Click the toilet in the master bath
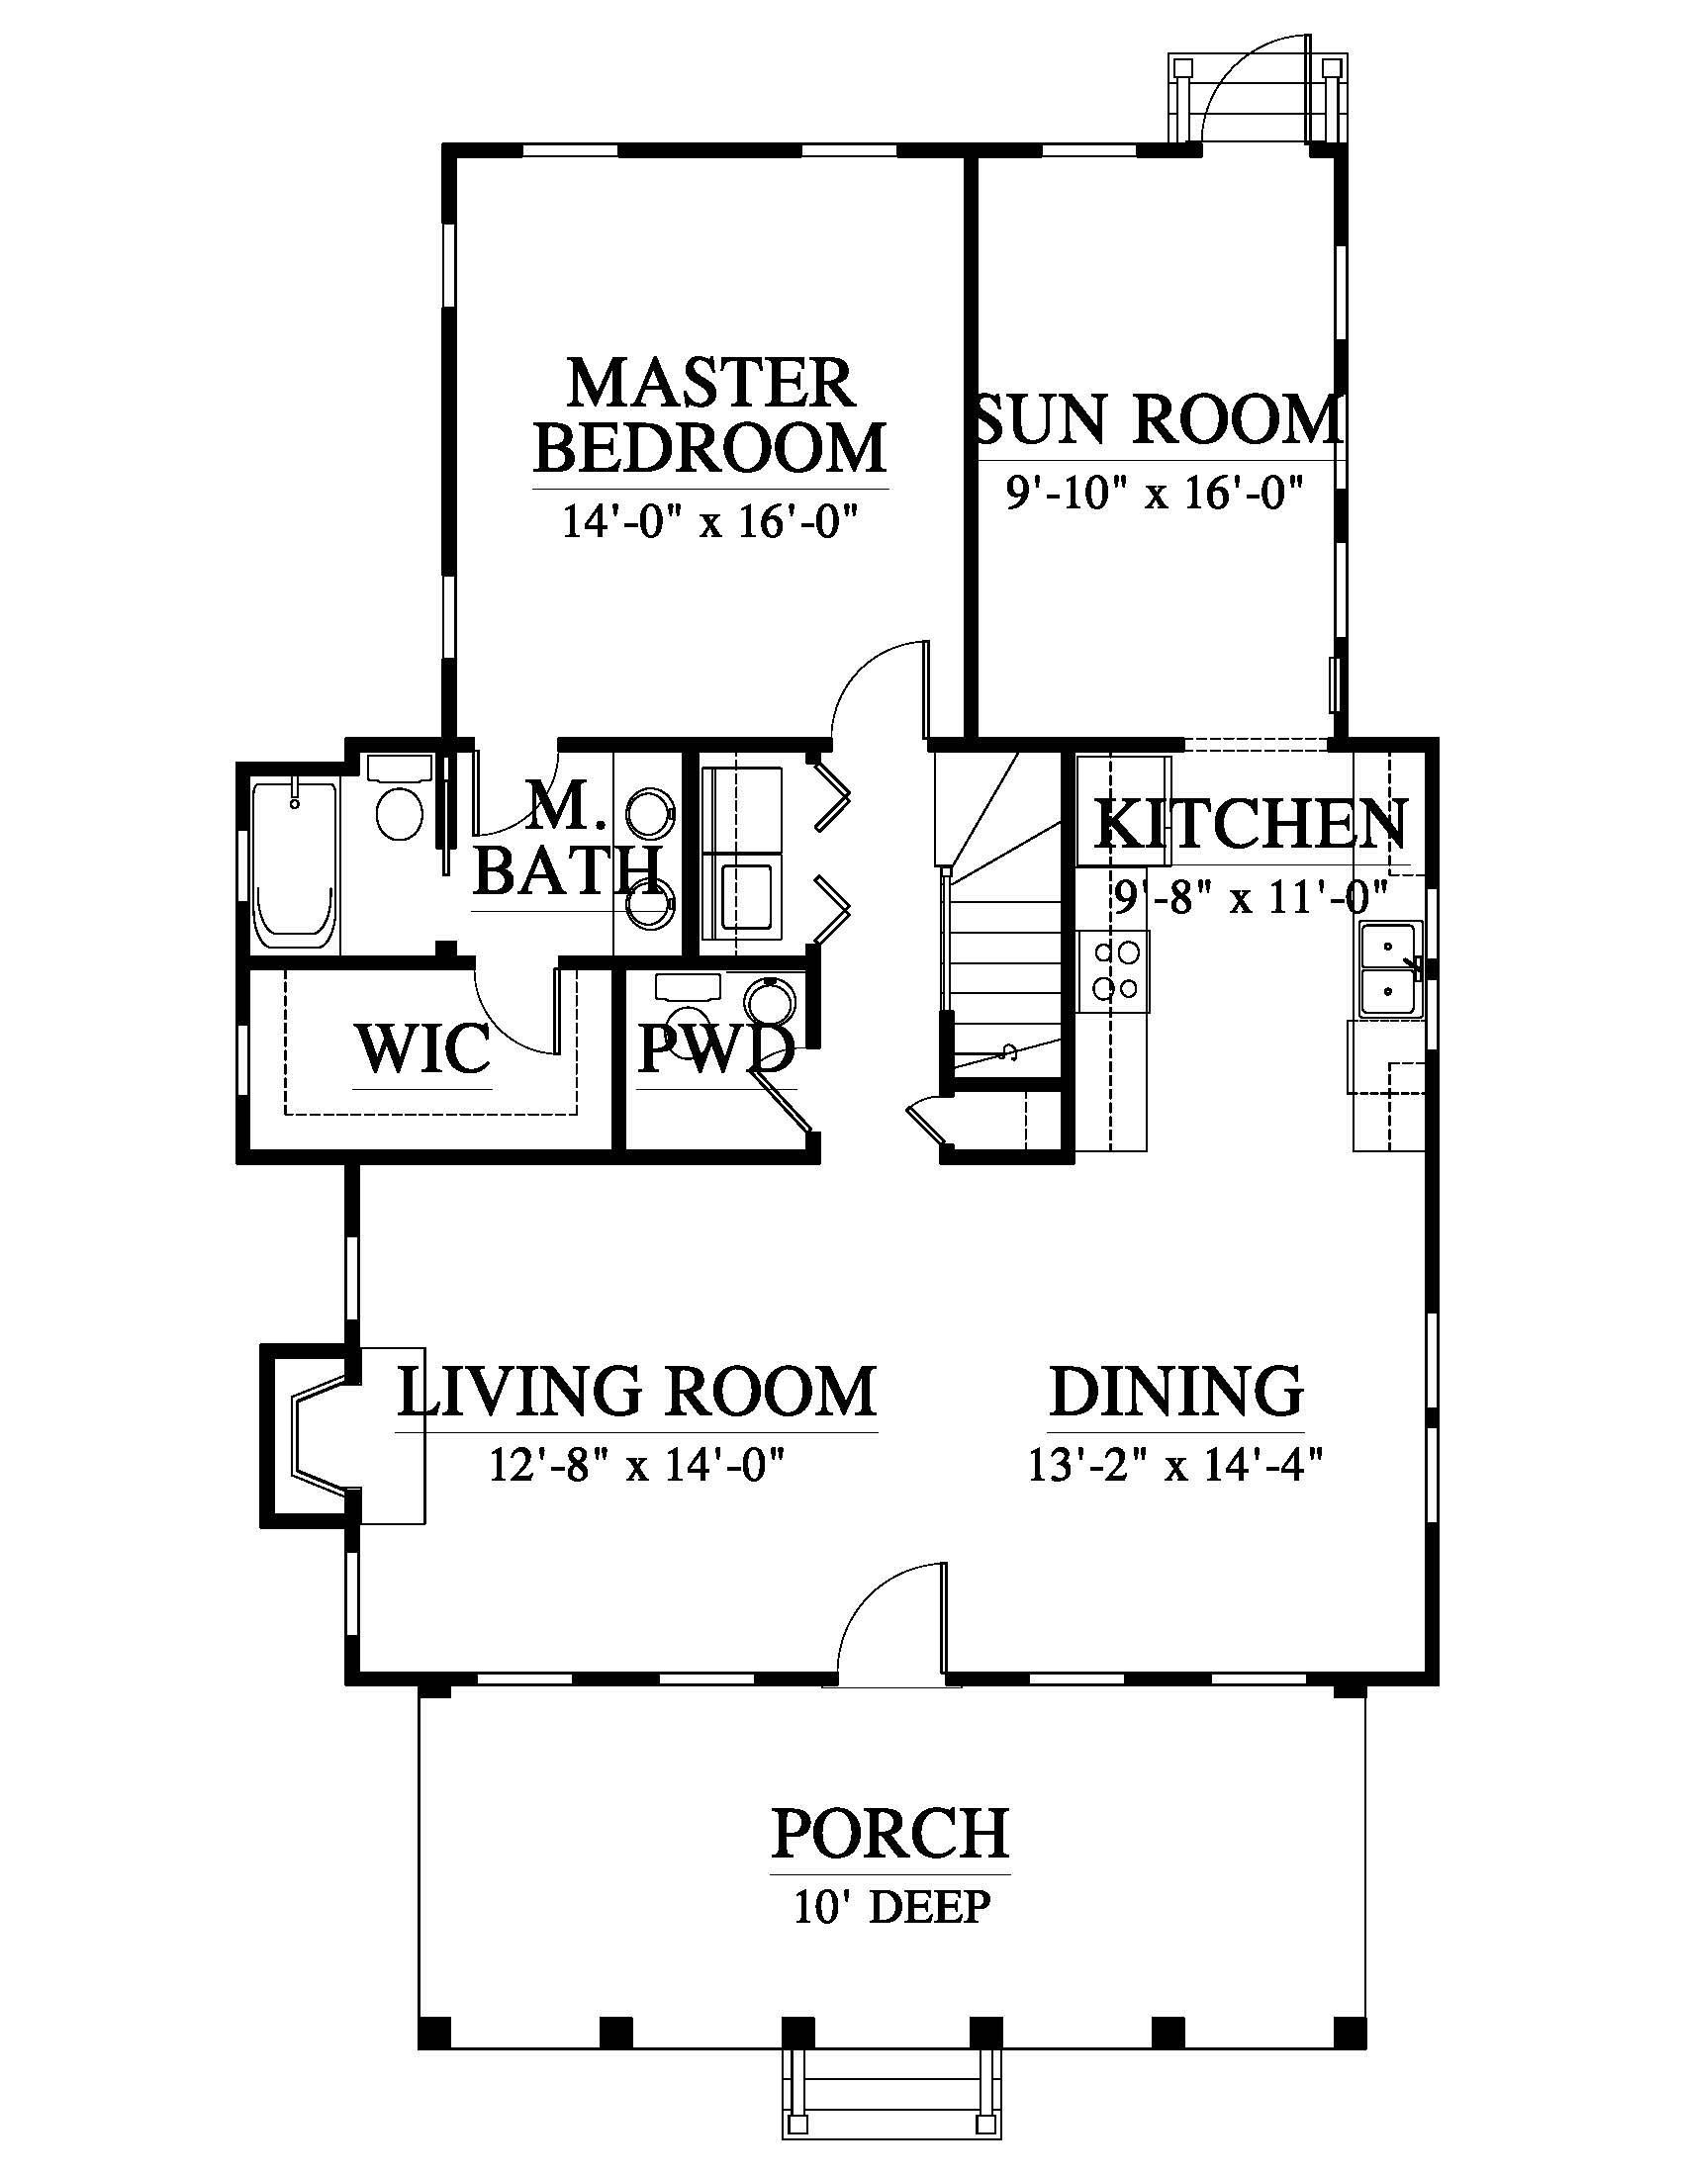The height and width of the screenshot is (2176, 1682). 400,798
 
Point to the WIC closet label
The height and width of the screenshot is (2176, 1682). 422,1048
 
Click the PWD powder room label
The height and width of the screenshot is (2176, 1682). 715,1048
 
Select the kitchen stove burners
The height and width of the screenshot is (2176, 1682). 1114,970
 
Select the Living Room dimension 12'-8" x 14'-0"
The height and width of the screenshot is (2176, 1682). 638,1465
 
